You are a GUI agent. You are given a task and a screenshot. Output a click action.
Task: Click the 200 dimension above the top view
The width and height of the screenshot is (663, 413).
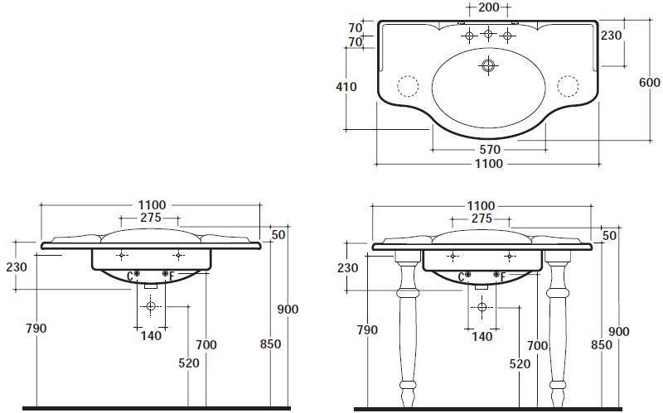click(488, 7)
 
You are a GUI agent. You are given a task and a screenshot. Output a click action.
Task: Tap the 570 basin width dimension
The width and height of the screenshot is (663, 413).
click(490, 150)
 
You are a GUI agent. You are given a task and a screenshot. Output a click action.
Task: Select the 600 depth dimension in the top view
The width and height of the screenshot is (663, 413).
click(650, 82)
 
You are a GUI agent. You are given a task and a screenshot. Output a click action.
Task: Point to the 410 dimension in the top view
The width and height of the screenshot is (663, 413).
click(346, 87)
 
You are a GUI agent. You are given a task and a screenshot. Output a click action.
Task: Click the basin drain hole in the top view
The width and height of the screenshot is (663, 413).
click(488, 65)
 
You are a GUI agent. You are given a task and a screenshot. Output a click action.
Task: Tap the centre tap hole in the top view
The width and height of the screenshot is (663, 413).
click(488, 33)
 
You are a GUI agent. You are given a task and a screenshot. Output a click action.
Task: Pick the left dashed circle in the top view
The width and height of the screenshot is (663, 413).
click(408, 86)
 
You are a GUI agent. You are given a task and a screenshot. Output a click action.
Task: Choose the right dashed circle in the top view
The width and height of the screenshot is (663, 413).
click(568, 86)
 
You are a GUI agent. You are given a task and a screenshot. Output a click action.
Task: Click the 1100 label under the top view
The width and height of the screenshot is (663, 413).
click(489, 164)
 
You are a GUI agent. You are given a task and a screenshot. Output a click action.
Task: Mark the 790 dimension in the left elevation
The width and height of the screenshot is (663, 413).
click(36, 328)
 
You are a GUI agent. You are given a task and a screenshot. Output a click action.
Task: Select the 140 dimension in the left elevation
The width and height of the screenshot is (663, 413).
click(151, 336)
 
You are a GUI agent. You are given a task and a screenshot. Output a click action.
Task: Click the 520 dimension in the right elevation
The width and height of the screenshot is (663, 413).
click(520, 363)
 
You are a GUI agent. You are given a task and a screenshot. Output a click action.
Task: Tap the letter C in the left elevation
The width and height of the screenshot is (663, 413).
click(130, 276)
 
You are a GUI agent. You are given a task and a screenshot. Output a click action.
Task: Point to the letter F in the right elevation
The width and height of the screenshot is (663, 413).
click(503, 277)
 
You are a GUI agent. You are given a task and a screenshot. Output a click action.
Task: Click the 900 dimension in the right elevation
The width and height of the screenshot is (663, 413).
click(619, 332)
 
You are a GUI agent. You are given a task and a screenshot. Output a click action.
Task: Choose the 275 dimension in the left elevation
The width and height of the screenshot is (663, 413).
click(151, 218)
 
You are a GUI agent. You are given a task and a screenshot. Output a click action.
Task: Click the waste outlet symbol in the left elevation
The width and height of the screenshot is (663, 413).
click(151, 306)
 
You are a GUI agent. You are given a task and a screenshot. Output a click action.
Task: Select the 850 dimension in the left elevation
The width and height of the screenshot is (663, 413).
click(271, 344)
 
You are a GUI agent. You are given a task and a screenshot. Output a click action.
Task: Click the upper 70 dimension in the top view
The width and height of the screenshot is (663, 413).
click(356, 27)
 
